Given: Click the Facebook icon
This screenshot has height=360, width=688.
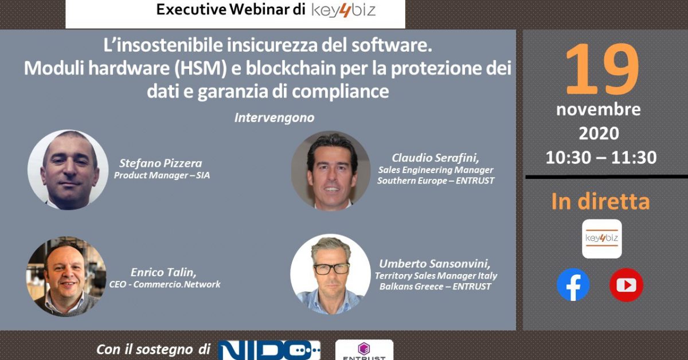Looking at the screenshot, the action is click(x=573, y=285).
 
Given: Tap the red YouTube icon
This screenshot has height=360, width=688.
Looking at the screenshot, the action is click(x=626, y=285).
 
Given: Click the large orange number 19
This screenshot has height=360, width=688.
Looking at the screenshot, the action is click(x=602, y=69).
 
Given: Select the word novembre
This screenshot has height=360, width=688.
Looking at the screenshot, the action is click(x=599, y=109).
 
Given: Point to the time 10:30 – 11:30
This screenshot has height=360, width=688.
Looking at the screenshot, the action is click(x=601, y=157).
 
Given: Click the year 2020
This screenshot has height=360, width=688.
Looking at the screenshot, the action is click(x=599, y=134).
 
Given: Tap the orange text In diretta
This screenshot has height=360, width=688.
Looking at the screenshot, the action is click(x=600, y=202).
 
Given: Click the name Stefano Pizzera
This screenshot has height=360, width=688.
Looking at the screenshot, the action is click(x=161, y=163).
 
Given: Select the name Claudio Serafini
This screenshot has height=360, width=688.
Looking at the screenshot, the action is click(x=435, y=158).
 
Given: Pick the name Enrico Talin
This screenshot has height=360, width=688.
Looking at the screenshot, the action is click(x=163, y=272).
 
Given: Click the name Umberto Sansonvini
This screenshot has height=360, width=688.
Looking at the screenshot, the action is click(x=435, y=264).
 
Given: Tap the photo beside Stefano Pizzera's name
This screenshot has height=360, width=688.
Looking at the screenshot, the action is click(x=68, y=170).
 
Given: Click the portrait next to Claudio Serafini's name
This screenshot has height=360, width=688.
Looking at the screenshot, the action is click(x=330, y=171).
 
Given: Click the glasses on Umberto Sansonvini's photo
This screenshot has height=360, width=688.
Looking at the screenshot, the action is click(x=331, y=269).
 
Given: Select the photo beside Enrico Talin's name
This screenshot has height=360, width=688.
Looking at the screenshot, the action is click(x=66, y=276).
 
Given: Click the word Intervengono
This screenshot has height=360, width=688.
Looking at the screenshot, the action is click(x=274, y=118).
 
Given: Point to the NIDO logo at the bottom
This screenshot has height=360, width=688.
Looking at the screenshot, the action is click(x=269, y=350).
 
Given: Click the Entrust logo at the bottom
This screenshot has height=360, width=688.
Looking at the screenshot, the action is click(x=364, y=350).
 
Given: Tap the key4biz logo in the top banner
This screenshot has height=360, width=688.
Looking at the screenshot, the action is click(x=343, y=10).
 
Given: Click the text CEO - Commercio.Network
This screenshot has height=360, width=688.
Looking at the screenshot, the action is click(x=165, y=284).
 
